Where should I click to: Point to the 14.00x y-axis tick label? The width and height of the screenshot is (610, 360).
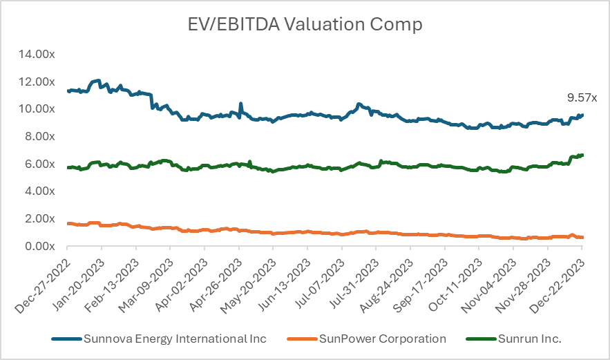point(37,54)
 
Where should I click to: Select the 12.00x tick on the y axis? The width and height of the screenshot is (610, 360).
point(37,82)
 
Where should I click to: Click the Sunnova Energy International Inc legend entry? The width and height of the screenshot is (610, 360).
point(174,339)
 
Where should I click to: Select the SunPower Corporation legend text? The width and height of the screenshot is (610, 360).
point(383,339)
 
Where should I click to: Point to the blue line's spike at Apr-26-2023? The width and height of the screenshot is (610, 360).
point(240,104)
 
